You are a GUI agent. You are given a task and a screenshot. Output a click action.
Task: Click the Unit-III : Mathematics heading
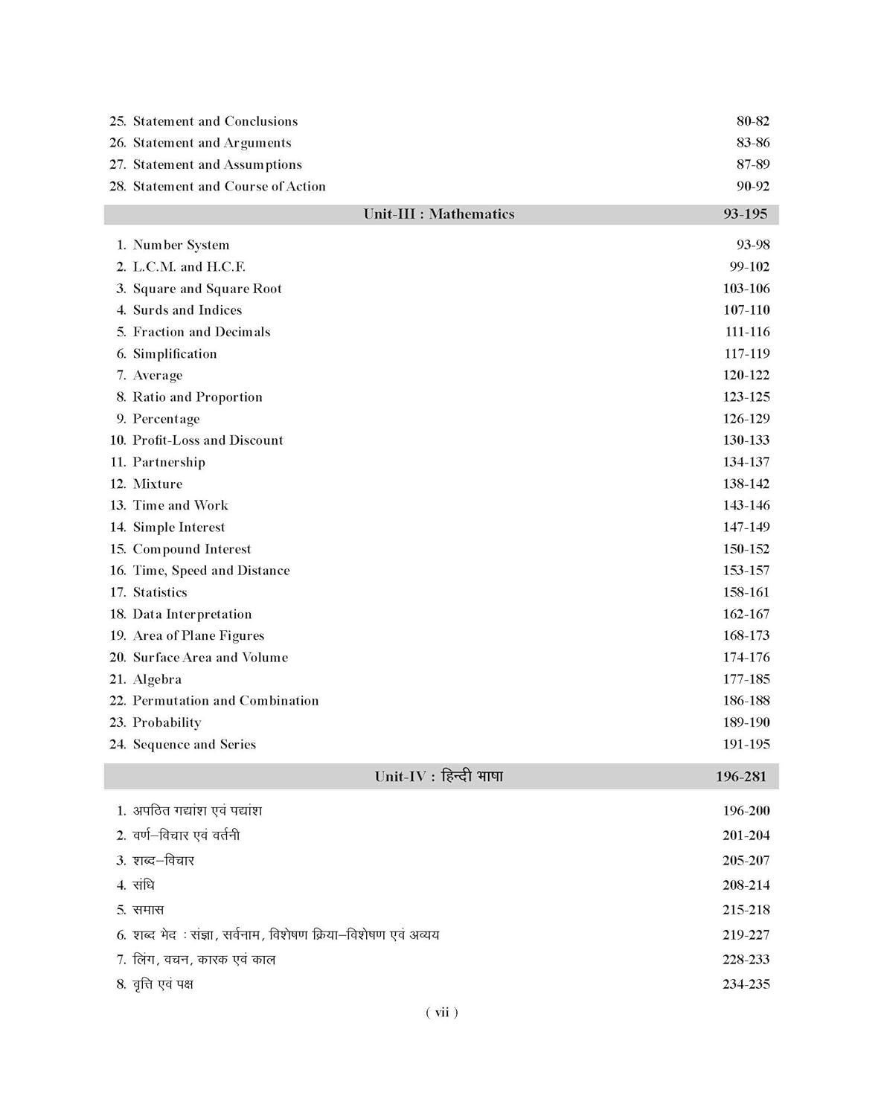click(439, 214)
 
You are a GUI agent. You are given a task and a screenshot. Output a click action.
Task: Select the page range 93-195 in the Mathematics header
click(745, 214)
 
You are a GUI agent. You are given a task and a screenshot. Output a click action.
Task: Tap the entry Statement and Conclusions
click(215, 121)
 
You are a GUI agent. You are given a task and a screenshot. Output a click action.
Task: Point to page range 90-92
click(753, 186)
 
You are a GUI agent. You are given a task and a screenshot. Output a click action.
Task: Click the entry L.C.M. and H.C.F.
click(189, 266)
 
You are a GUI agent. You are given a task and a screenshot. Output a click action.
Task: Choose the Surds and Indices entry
click(188, 310)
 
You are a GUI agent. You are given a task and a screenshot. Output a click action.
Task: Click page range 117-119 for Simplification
click(747, 353)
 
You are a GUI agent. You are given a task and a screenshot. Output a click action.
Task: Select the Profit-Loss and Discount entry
click(208, 440)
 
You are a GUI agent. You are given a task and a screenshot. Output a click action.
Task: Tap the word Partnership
click(169, 462)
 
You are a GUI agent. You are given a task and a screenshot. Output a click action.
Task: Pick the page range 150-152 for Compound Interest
click(746, 549)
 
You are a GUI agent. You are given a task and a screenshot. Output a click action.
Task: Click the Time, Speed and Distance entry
click(211, 571)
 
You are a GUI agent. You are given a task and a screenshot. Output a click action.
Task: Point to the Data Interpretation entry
click(192, 615)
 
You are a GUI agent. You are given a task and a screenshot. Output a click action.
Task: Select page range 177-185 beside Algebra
click(746, 679)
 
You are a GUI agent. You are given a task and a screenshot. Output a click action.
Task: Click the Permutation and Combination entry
click(225, 701)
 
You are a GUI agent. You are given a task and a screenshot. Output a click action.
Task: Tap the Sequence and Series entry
click(194, 745)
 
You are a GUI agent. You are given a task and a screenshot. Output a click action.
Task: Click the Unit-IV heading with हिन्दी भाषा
click(439, 777)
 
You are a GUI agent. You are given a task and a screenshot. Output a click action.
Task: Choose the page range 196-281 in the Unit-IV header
click(741, 777)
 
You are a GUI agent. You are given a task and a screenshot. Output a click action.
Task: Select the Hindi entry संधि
click(144, 885)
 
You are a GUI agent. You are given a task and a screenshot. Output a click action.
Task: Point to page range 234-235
click(746, 984)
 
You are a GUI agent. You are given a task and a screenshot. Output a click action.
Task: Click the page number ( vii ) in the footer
click(442, 1013)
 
